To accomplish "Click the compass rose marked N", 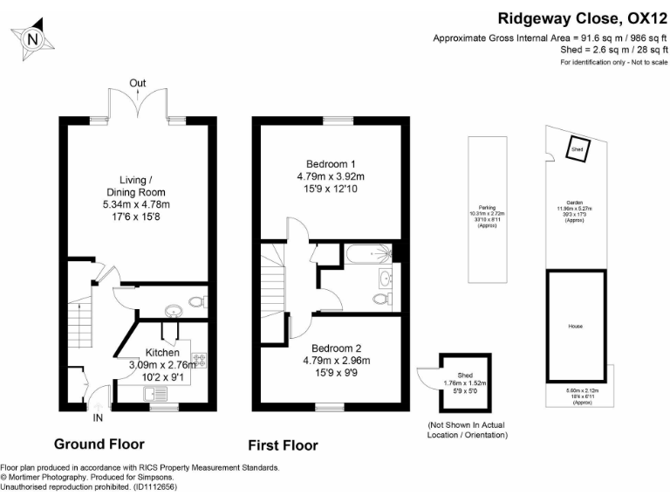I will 32,38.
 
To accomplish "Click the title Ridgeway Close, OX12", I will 582,17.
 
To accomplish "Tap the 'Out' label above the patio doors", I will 137,84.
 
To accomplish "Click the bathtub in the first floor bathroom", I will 366,253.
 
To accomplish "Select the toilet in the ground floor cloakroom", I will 196,302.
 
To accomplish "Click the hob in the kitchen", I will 197,360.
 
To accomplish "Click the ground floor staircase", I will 79,320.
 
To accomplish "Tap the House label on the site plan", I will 575,326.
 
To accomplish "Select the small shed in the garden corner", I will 577,150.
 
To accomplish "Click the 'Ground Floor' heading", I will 99,444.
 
